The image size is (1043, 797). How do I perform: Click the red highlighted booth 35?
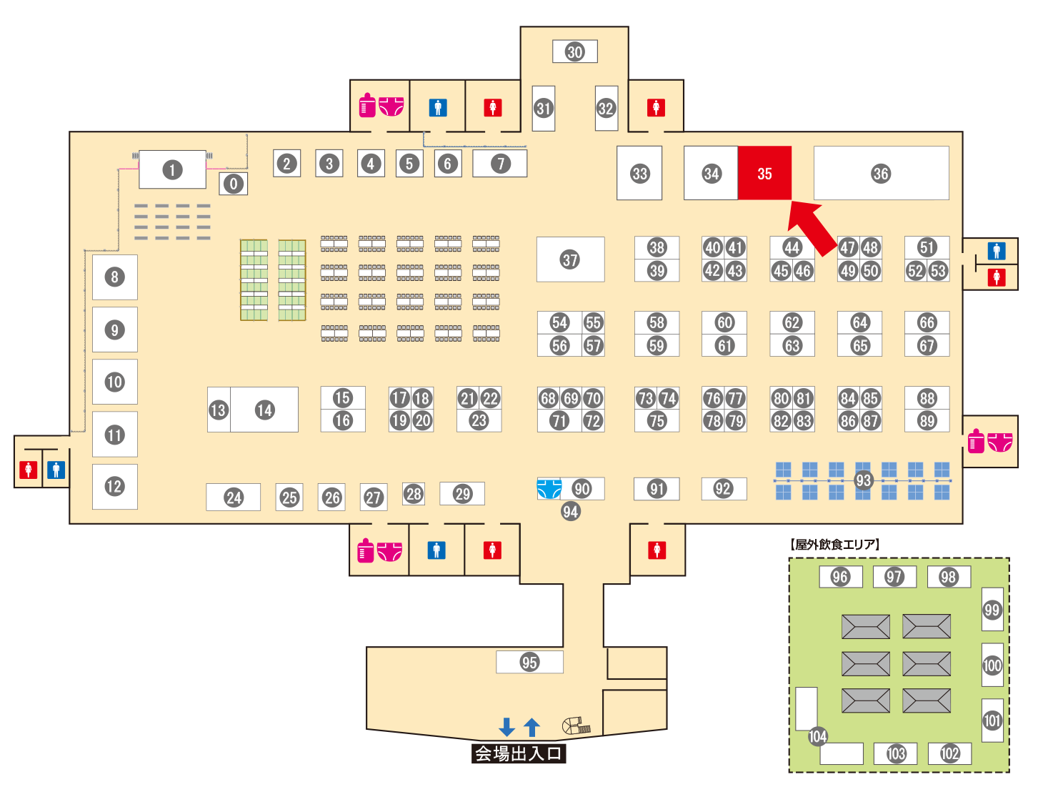coord(764,174)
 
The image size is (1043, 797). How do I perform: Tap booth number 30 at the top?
coord(575,51)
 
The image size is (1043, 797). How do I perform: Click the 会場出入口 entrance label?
coord(519,753)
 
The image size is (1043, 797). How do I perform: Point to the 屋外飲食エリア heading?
coord(835,545)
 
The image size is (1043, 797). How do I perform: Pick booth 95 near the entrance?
coord(529,662)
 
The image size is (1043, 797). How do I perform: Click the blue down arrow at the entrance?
coord(507,727)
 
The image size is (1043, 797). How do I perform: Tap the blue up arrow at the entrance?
coord(532,727)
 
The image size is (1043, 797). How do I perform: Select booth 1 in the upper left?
coord(172,170)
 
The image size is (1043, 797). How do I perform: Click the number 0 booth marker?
coord(234,184)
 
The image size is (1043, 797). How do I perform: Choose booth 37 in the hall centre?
coord(570,259)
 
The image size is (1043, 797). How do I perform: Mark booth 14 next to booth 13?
coord(265,410)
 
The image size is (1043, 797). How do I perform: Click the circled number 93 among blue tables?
coord(864,480)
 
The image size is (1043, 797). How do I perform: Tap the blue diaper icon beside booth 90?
coord(549,488)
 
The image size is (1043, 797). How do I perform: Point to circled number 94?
coord(570,511)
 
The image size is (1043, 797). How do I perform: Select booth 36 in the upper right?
coord(881,174)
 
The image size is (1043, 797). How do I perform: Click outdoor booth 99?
coord(992,610)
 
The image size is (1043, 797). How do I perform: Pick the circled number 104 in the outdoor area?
coord(818,736)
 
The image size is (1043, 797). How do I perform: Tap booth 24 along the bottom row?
coord(234,497)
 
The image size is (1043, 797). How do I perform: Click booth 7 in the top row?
coord(501,164)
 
